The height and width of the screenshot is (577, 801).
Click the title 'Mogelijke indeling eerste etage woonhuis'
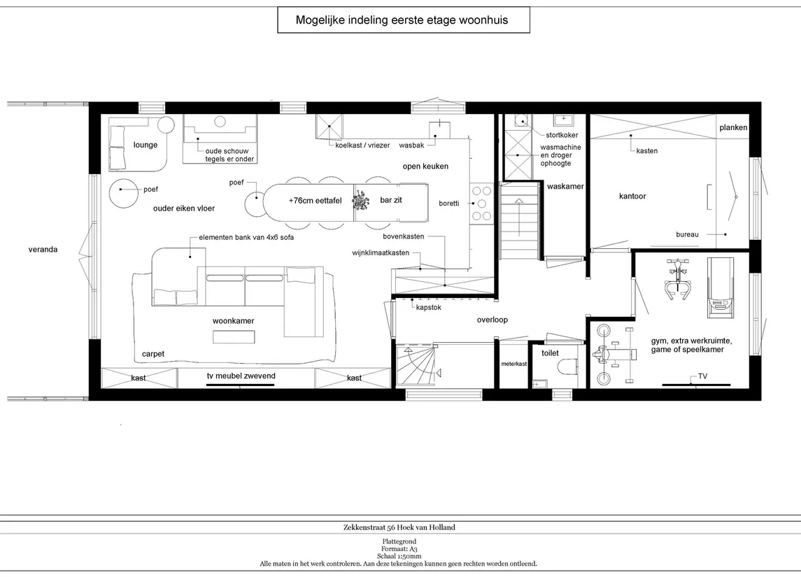coord(402,20)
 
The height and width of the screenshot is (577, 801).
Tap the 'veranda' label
coord(43,250)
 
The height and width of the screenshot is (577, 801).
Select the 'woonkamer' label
coord(234,320)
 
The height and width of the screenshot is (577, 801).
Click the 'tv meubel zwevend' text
coord(241,376)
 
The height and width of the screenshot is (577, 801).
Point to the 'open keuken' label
coord(425,166)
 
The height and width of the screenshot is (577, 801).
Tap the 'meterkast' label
coord(514,364)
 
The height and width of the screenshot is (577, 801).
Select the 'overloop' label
coord(492,320)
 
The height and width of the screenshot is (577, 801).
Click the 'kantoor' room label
coord(632,196)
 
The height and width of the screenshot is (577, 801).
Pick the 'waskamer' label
coord(565,186)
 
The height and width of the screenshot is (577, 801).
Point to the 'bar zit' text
coord(391,200)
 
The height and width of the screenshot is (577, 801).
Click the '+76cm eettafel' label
coord(316,201)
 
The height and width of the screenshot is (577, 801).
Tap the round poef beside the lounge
coord(123,194)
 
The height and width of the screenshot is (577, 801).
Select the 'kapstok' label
coord(429,308)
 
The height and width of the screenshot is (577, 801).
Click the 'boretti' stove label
coord(449,204)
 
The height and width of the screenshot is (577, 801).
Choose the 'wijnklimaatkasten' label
coord(381,252)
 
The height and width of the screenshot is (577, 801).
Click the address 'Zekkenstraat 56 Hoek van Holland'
coord(399,527)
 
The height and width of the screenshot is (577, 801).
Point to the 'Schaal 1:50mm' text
coord(399,556)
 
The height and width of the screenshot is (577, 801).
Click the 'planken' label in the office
coord(734,128)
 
